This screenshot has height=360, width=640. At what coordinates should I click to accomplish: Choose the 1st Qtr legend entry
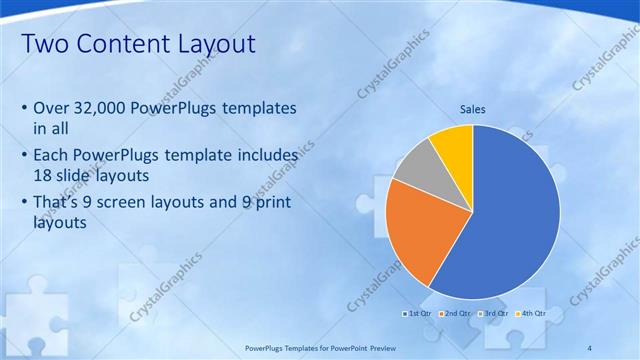pos(419,313)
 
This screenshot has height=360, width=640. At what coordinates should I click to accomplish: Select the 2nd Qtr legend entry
pos(456,313)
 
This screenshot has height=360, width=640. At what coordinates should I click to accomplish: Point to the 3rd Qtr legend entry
pos(494,313)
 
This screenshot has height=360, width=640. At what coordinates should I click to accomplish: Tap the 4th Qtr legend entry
pos(532,313)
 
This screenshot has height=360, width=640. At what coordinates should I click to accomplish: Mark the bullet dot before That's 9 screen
pos(24,204)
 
